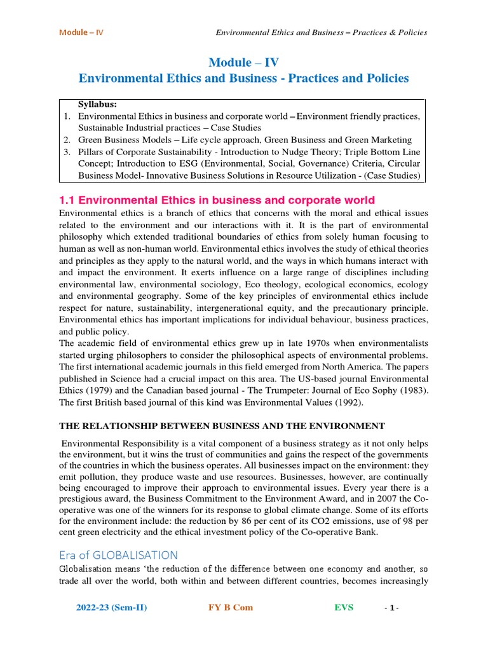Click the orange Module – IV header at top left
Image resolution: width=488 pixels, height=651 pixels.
pos(81,32)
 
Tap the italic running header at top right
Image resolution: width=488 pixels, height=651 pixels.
pos(322,32)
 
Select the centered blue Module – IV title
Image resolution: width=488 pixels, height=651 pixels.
pos(243,62)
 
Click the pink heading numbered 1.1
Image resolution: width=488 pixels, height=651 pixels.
pos(217,200)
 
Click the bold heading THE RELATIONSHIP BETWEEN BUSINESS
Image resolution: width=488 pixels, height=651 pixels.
pos(222,426)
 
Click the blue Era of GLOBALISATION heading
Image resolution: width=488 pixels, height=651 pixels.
pos(119,555)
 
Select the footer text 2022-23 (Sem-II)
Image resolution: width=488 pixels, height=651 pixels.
pos(111,607)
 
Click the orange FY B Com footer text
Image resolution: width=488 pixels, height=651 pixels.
pos(230,607)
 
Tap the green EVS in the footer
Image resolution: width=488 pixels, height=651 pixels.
pos(344,607)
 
